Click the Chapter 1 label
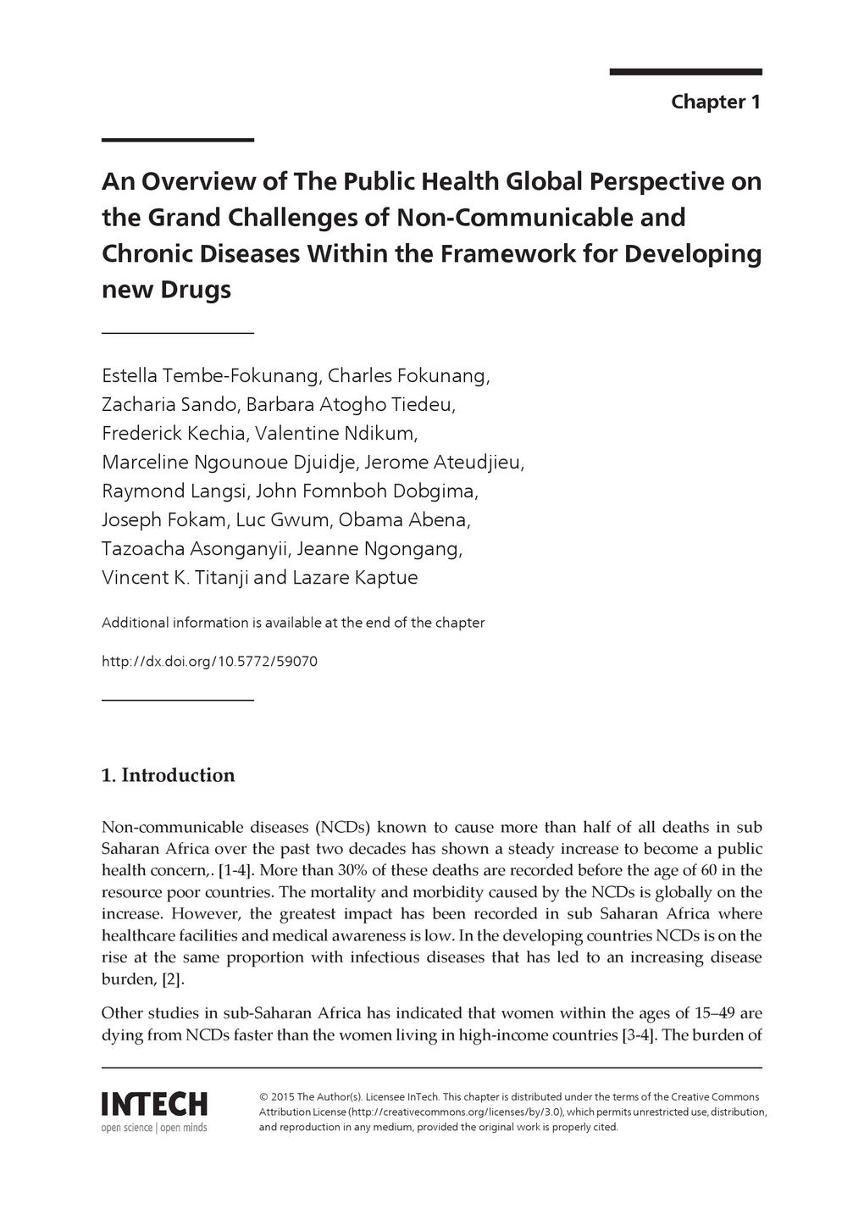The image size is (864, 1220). (716, 103)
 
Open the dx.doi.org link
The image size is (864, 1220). (209, 661)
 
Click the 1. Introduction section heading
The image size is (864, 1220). (168, 775)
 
